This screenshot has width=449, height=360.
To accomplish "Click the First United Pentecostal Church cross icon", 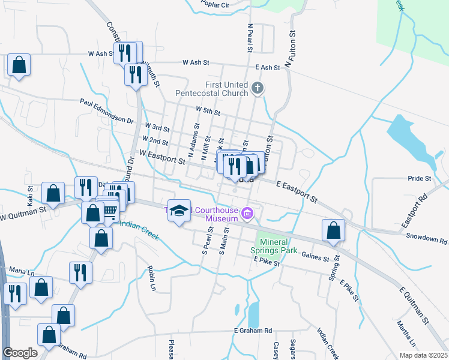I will tap(258, 89).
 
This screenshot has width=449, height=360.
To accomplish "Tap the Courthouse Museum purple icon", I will tap(247, 213).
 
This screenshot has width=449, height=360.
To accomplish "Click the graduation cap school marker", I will tap(179, 210).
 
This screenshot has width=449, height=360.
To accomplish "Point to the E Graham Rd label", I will tap(253, 331).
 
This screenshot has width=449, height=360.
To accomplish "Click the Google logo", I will tap(20, 353).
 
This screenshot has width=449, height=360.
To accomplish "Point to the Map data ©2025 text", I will tap(423, 355).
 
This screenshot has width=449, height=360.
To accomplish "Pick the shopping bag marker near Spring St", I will tap(333, 230).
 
